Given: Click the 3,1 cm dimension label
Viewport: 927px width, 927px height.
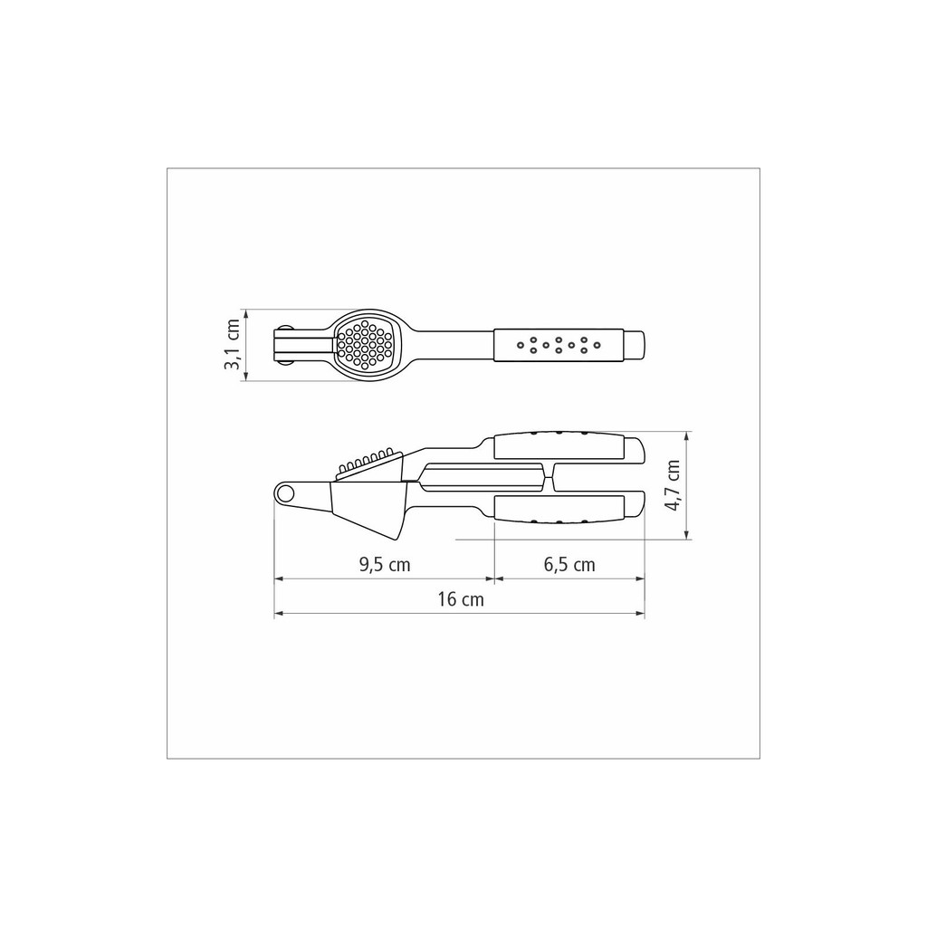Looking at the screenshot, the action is coord(232,345).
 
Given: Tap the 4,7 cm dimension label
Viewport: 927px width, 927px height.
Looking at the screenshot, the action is coord(673,485).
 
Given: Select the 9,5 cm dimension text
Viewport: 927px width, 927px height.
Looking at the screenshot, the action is coord(385,565).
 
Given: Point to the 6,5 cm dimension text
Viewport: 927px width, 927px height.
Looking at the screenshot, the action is coord(569,565).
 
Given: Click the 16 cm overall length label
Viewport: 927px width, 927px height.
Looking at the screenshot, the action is coord(461,599).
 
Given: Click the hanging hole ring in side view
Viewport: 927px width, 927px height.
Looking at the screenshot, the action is coord(285,492).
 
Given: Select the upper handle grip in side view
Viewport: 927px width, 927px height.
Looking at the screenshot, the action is coord(559,445).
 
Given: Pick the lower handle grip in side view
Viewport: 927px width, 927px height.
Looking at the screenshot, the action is coord(559,510).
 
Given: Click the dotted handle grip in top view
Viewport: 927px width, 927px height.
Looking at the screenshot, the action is coord(559,345).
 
